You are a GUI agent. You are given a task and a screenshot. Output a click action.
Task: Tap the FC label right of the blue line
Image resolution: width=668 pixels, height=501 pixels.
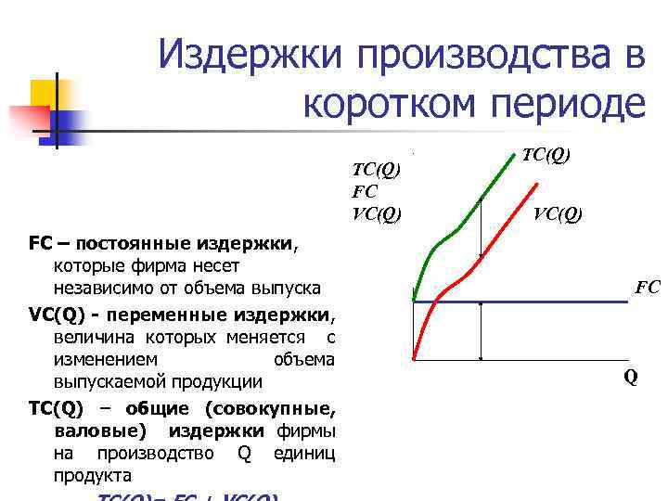click(647, 288)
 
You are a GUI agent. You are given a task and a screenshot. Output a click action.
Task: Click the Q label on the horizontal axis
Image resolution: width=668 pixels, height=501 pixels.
click(630, 378)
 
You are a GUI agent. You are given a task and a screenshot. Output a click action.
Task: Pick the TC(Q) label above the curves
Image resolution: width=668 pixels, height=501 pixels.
click(546, 155)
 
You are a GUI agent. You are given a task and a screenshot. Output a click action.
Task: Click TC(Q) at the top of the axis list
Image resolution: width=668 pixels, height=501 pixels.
click(376, 170)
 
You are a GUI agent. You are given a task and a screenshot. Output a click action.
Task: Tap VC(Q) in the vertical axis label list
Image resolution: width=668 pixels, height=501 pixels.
click(377, 214)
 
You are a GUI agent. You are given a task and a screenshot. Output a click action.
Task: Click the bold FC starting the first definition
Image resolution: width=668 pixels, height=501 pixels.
click(39, 244)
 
